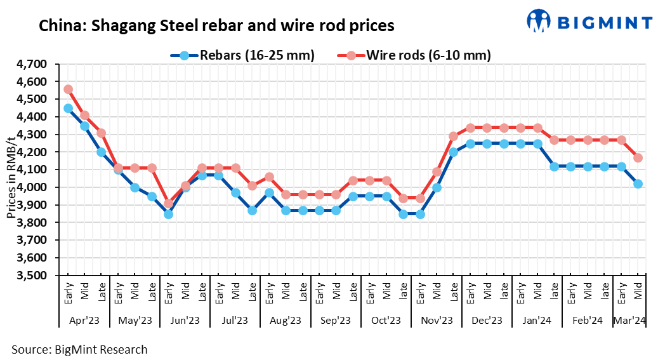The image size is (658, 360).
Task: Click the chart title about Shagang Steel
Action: point(216,26)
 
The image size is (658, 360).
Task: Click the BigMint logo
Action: point(589,22)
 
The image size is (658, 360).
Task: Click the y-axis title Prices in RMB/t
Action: point(11,170)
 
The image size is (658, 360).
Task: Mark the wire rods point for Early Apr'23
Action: point(68,90)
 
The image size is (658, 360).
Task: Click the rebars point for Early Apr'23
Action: point(68,108)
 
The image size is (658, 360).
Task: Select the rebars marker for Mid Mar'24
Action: point(638,184)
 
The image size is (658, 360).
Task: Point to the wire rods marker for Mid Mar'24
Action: point(638,157)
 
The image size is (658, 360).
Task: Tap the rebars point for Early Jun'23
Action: point(168,214)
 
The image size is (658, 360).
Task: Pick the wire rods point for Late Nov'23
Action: point(454,136)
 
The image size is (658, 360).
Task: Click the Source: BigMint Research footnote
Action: point(79,349)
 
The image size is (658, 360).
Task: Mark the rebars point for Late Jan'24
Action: point(554,166)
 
